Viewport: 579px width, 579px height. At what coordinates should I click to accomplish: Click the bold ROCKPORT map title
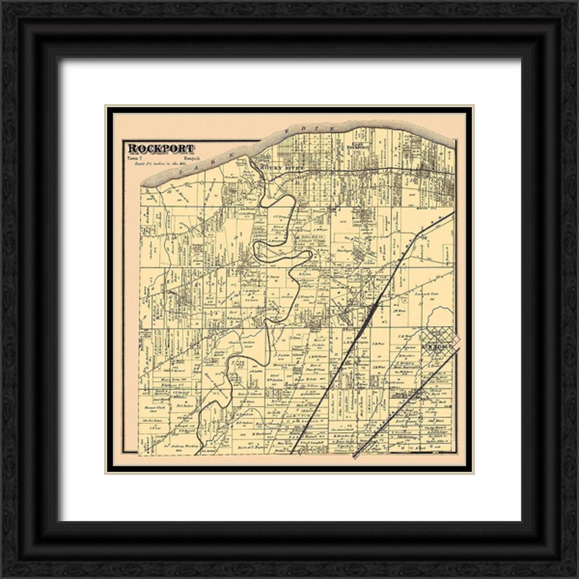point(161,149)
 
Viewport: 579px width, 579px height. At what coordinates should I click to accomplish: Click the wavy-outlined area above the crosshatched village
point(440,318)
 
